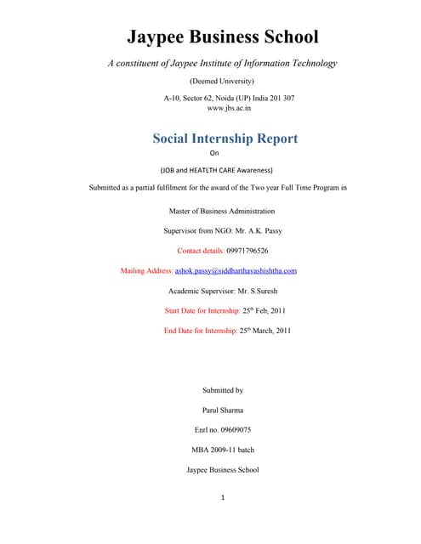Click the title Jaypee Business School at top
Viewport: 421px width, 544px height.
(222, 37)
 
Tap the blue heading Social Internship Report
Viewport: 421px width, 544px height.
(225, 138)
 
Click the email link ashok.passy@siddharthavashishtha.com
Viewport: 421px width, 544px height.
(236, 270)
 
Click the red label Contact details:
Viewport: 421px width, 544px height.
(200, 251)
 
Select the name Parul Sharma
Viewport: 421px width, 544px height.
(222, 410)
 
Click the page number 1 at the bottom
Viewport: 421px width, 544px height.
(222, 498)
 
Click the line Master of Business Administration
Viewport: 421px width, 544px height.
(222, 211)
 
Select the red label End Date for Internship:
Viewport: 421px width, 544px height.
(201, 331)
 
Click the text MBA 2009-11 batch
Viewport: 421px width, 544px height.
(222, 450)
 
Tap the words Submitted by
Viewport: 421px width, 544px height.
(222, 390)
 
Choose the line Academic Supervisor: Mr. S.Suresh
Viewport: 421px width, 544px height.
(222, 291)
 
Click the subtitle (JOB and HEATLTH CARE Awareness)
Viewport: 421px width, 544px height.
(222, 169)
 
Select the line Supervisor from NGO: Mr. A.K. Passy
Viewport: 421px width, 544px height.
(222, 231)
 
